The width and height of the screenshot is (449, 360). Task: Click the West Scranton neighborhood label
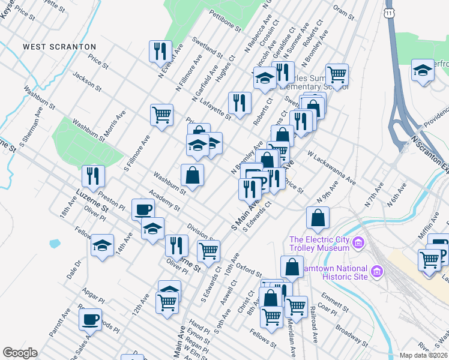coord(59,46)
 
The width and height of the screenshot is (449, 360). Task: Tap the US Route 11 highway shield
coord(391,12)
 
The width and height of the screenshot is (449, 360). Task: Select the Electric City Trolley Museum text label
coord(319,244)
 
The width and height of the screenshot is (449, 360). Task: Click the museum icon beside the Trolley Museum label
coord(358,243)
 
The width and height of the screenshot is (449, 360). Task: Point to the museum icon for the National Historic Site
coord(376,272)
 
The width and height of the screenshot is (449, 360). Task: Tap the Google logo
coord(20,353)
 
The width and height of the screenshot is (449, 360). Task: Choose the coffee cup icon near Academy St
coord(143,209)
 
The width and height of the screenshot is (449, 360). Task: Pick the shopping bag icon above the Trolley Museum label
coord(318,218)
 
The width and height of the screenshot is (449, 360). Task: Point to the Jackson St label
coord(85,82)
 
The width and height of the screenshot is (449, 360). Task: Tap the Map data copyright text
coord(424,355)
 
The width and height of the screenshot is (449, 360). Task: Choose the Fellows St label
coord(262,340)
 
